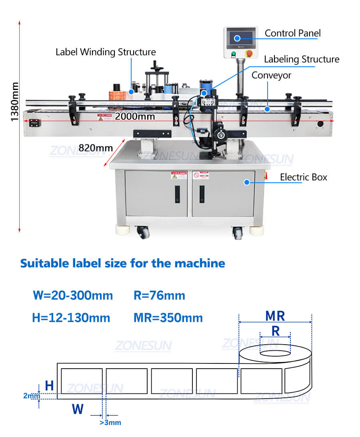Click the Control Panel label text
[293, 33]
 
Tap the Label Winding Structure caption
[106, 52]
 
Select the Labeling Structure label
[301, 60]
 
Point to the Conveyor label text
[271, 75]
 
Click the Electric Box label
[303, 177]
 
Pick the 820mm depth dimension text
[95, 148]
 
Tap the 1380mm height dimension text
[14, 102]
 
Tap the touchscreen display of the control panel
[240, 38]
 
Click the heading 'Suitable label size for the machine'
[122, 263]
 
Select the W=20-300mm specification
[73, 296]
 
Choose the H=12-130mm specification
[71, 318]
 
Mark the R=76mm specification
[159, 296]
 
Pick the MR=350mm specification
[168, 318]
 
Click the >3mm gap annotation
[110, 423]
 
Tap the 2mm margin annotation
[32, 396]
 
